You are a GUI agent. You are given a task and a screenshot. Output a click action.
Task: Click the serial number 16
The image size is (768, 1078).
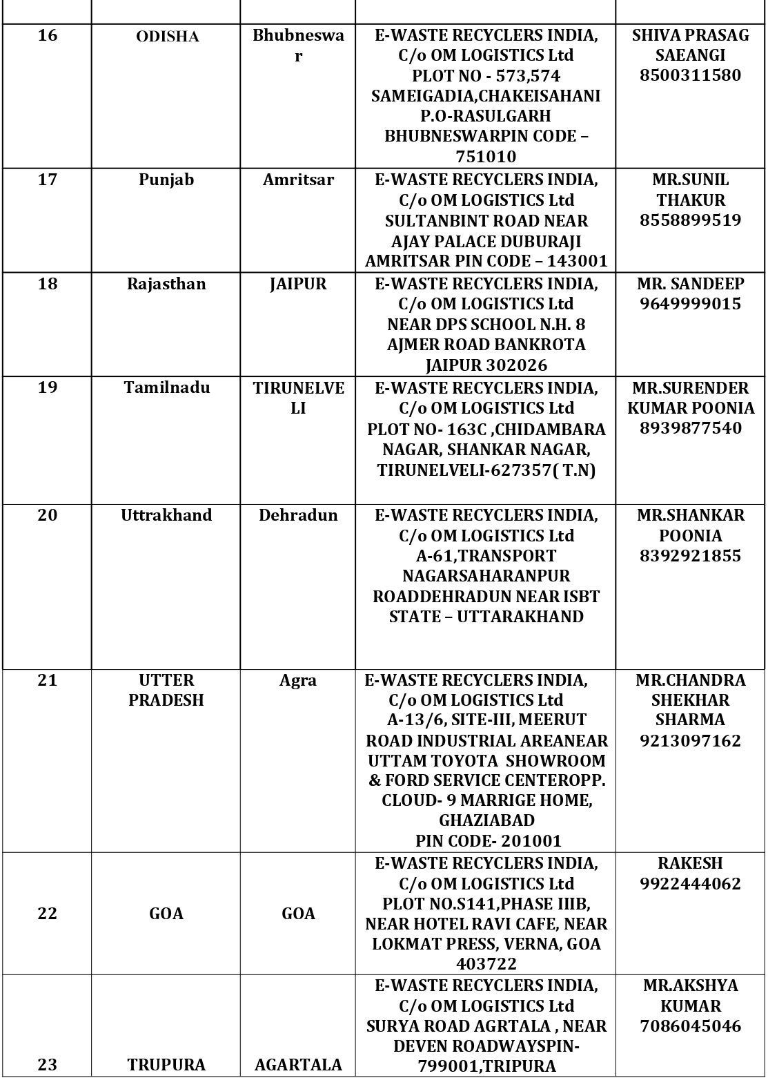(48, 35)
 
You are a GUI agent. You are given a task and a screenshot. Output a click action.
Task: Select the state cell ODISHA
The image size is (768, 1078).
(167, 37)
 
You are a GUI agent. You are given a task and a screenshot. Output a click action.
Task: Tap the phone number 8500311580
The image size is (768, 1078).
(690, 75)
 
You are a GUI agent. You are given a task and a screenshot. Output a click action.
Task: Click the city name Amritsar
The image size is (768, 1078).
(298, 180)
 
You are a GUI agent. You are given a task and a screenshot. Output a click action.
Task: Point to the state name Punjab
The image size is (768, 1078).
(166, 180)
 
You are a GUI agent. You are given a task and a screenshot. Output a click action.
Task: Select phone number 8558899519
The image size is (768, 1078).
(690, 220)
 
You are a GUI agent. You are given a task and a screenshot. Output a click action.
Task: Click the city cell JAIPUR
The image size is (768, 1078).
(298, 284)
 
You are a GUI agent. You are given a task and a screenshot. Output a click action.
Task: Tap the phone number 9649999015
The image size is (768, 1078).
(690, 304)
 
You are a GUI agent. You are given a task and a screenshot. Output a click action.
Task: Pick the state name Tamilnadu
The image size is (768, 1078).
(167, 387)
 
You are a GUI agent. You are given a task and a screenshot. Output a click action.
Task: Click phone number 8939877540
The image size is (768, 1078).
(690, 428)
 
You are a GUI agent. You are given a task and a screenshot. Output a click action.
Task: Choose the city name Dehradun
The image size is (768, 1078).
(298, 515)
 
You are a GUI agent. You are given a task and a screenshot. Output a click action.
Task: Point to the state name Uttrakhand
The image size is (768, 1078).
(166, 515)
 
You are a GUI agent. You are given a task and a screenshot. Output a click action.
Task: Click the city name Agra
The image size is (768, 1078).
(298, 680)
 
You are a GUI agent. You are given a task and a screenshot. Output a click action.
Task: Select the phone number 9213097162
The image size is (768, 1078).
(690, 741)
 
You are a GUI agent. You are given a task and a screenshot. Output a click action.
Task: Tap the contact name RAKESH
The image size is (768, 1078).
(690, 863)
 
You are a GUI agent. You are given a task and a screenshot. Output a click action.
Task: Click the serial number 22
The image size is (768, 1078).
(48, 914)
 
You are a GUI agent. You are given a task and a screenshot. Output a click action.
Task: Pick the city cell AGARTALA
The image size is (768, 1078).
(298, 1065)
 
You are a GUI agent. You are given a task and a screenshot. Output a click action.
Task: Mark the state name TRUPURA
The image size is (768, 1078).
(166, 1065)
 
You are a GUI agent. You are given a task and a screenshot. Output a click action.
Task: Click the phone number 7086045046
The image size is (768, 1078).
(690, 1026)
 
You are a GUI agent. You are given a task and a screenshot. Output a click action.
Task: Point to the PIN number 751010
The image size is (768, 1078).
(486, 156)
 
